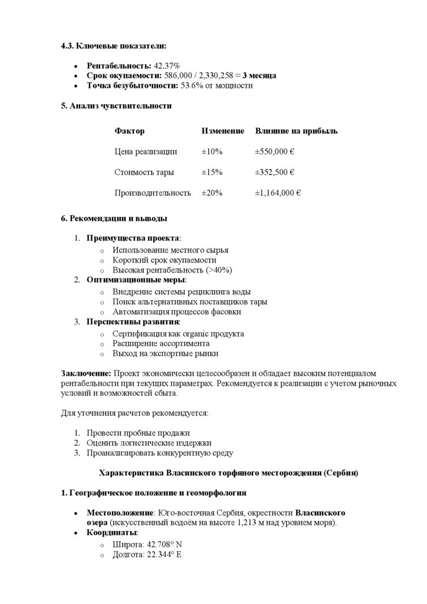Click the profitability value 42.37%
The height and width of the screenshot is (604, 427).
167,65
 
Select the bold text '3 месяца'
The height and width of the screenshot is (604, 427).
259,75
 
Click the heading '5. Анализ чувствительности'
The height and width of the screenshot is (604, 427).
116,106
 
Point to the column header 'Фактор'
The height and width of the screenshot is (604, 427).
129,131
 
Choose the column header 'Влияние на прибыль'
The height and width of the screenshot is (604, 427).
296,131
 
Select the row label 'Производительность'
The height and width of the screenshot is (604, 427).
153,193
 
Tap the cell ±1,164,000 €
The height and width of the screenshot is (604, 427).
278,193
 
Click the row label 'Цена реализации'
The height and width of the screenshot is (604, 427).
146,152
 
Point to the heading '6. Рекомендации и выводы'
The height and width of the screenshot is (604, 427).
114,218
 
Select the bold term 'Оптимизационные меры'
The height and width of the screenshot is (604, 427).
136,279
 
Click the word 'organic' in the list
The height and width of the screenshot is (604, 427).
188,334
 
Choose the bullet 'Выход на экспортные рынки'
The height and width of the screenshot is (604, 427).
166,354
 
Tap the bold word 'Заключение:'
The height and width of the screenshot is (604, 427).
86,374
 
